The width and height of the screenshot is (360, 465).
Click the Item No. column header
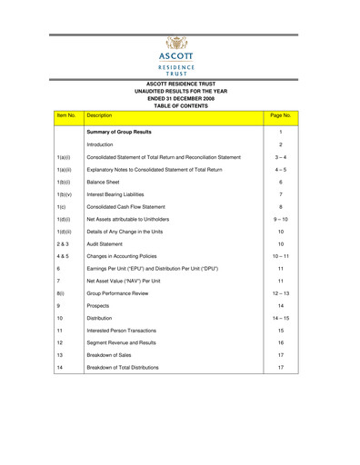pos(66,116)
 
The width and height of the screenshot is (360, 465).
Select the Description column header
pos(99,116)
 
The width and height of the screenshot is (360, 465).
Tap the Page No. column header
pos(281,116)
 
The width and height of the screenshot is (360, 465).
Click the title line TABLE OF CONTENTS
pos(180,105)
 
